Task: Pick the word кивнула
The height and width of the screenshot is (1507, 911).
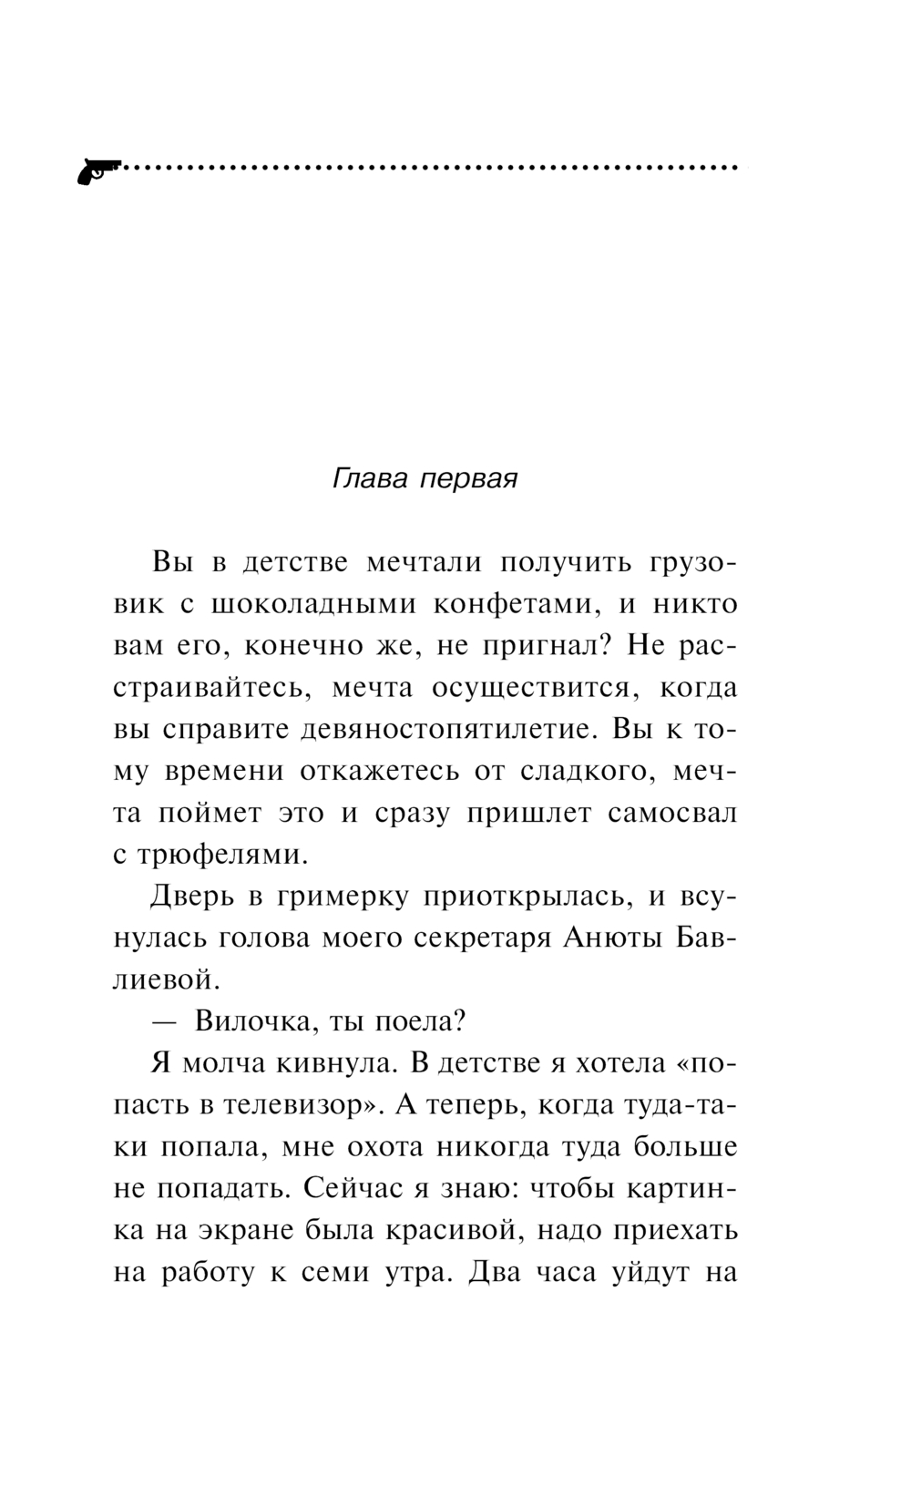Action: (333, 1064)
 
